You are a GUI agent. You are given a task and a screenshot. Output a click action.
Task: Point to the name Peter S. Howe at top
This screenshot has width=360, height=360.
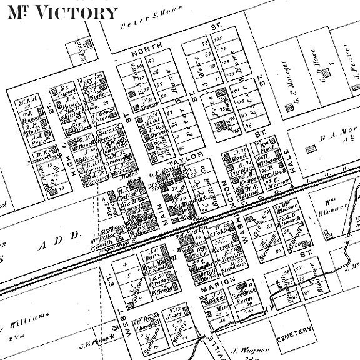point(147,15)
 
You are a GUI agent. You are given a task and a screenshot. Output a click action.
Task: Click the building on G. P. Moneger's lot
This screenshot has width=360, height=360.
point(288,108)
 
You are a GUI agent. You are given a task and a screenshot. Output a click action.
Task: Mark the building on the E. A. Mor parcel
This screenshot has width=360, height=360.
point(311,149)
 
